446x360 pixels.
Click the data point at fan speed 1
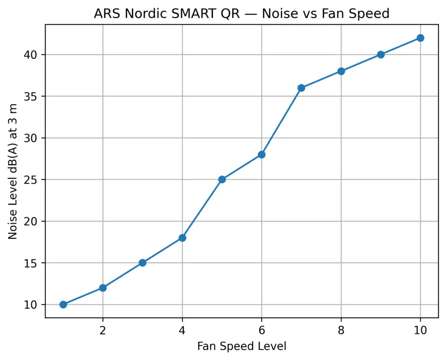63,304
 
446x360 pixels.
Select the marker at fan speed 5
222,179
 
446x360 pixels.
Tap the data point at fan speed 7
301,88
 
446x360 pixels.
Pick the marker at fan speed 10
420,38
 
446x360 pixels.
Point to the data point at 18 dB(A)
182,238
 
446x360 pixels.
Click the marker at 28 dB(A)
261,154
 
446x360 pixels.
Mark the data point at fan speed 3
142,263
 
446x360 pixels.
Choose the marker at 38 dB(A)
341,71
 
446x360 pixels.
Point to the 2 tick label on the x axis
103,330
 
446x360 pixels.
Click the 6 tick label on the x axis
261,330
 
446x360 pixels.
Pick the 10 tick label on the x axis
420,330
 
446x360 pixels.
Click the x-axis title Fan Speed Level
242,346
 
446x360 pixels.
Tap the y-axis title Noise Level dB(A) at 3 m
13,171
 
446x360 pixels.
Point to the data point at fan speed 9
381,54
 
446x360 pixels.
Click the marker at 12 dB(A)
103,288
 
